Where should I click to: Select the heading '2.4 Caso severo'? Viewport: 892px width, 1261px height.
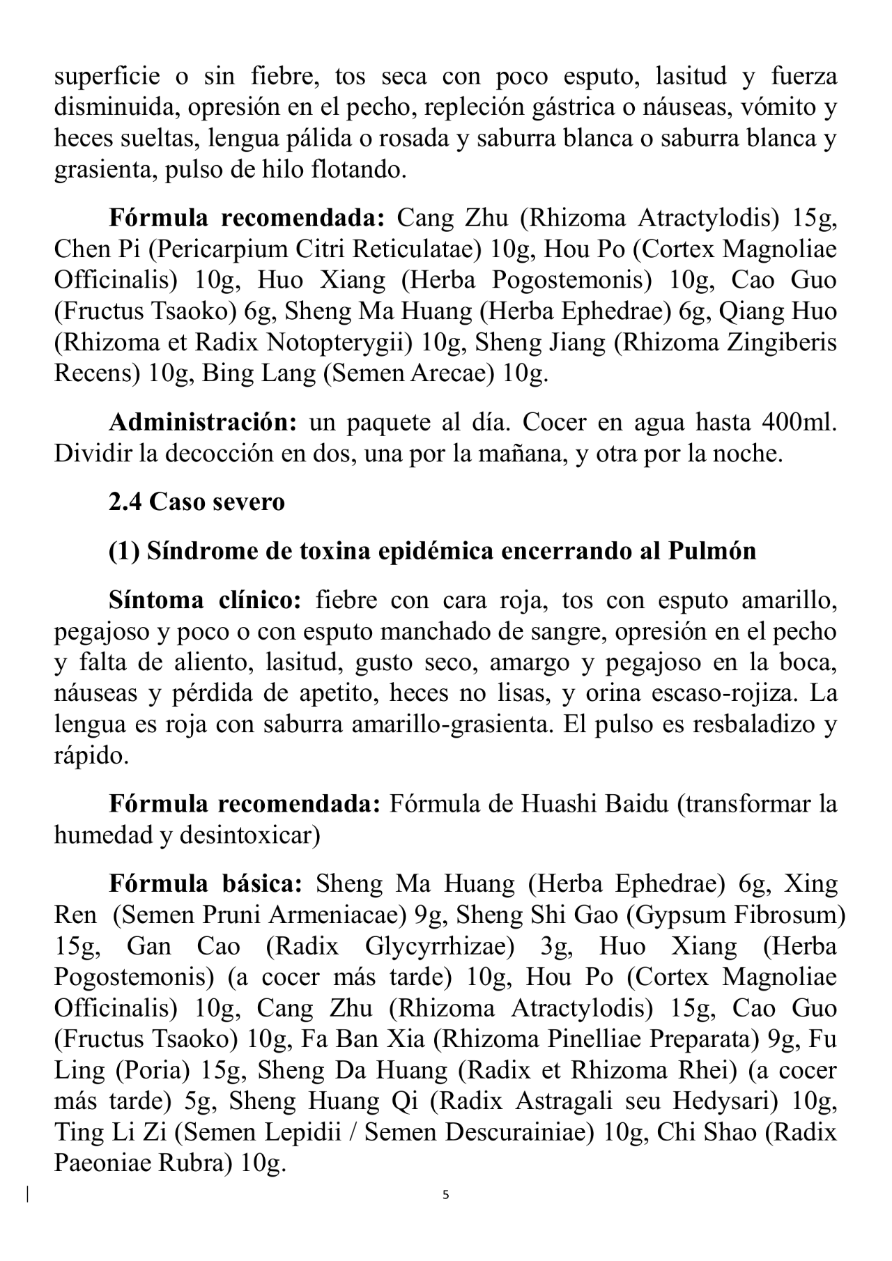[197, 502]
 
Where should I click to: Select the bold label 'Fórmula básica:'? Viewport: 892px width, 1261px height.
[205, 884]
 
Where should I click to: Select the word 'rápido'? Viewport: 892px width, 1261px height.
[91, 756]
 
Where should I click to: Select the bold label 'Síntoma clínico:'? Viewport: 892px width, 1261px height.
[204, 600]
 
